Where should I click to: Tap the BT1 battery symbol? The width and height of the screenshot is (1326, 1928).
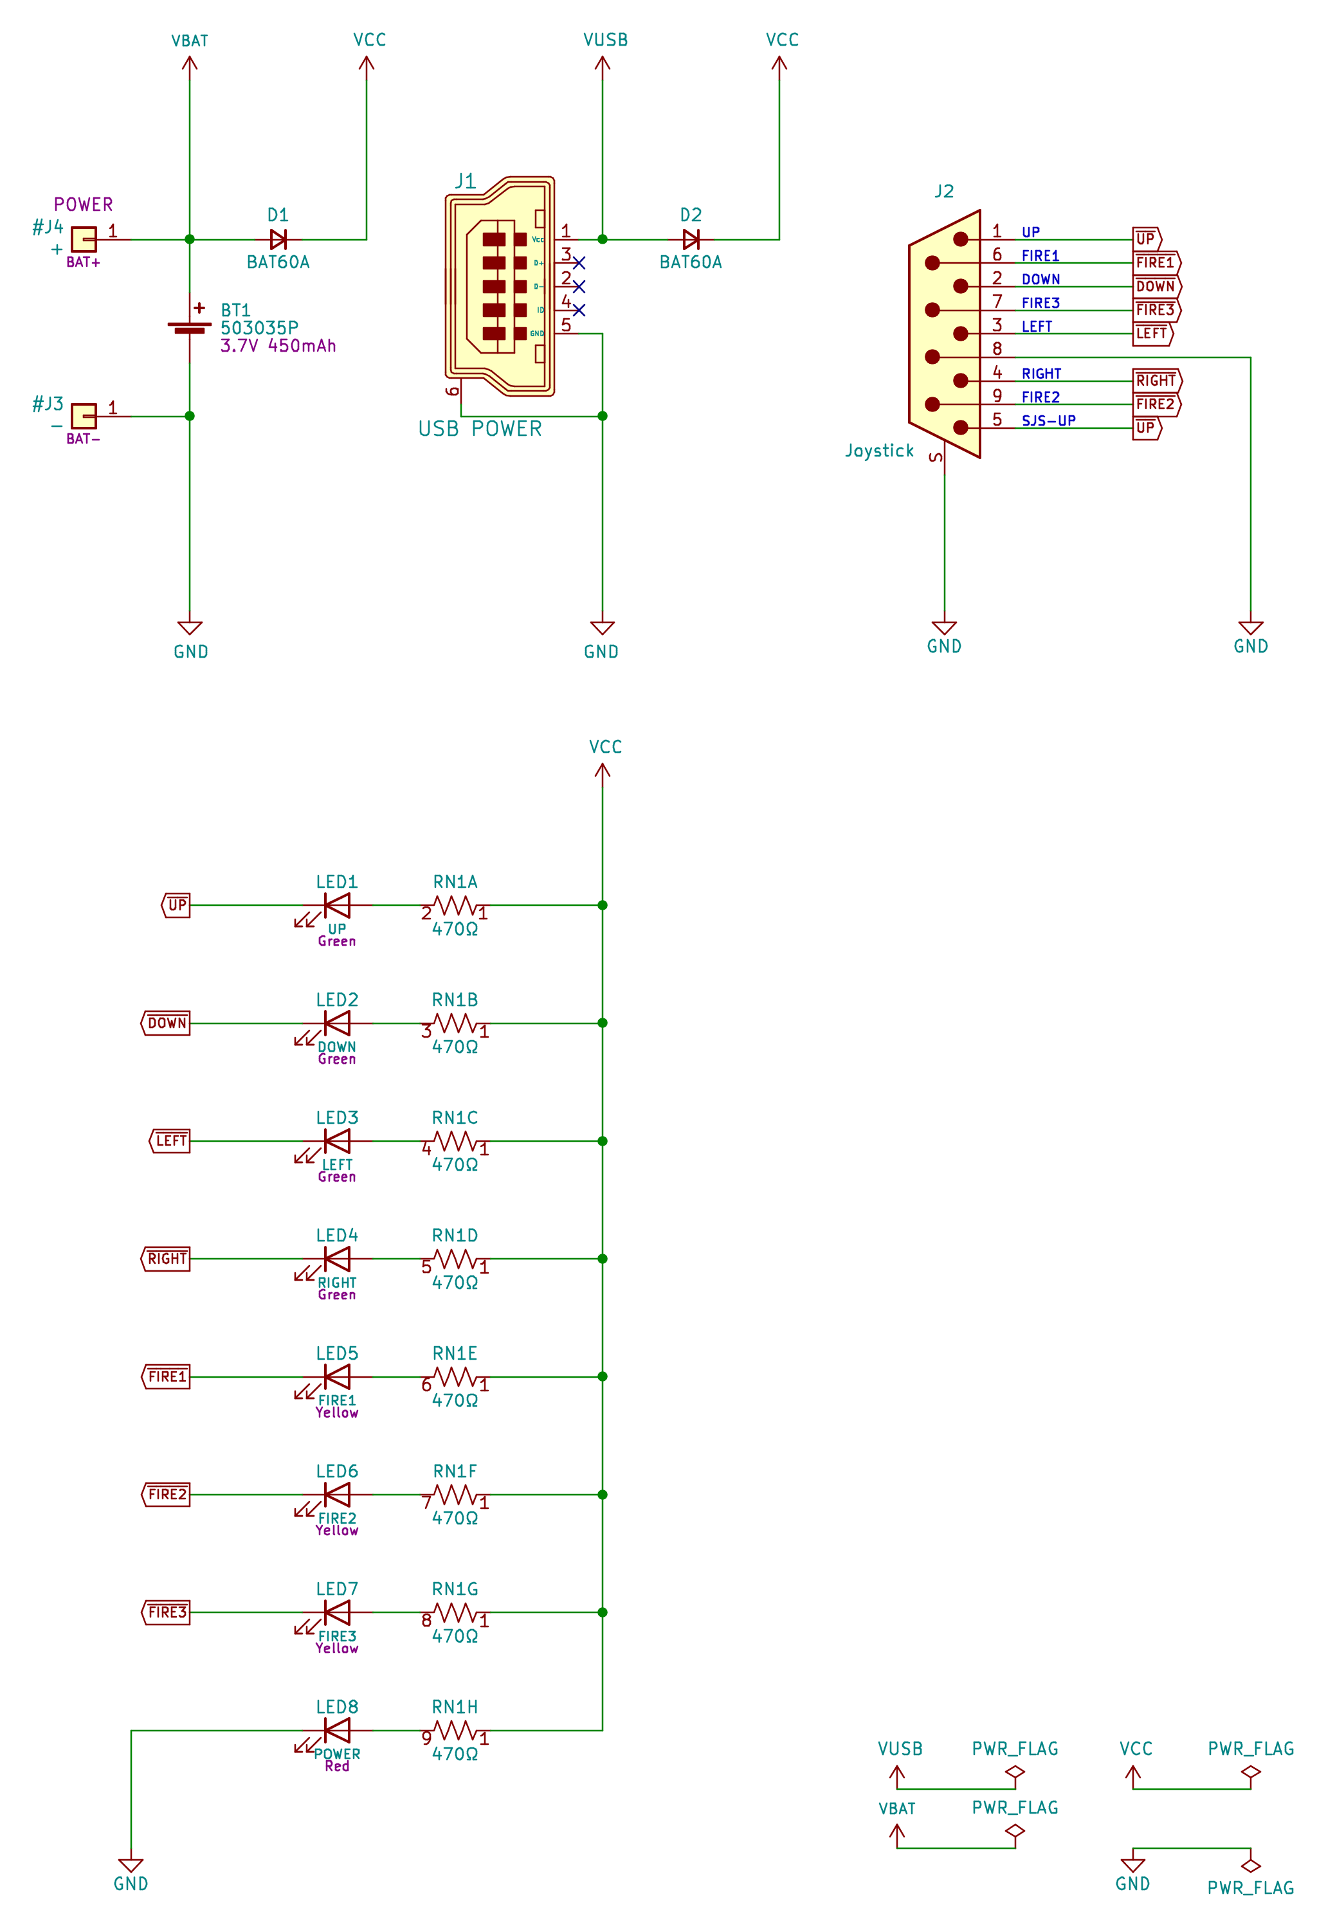(x=190, y=327)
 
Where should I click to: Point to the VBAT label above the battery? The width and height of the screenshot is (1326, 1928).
(x=190, y=41)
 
